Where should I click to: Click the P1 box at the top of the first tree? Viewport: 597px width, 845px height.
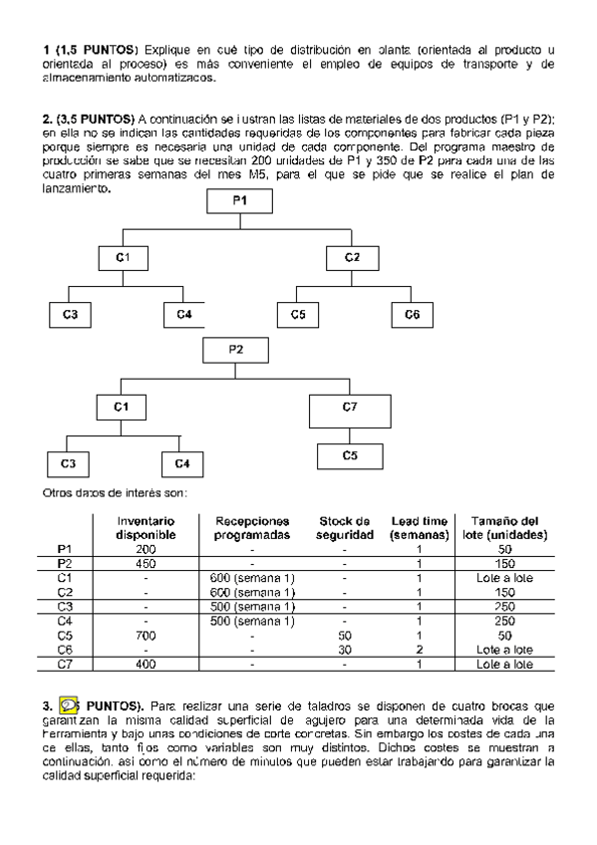pyautogui.click(x=239, y=201)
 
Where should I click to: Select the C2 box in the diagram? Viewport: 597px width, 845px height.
pyautogui.click(x=353, y=257)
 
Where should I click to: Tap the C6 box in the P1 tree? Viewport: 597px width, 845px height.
pyautogui.click(x=412, y=314)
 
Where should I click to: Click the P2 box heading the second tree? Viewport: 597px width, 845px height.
pyautogui.click(x=236, y=350)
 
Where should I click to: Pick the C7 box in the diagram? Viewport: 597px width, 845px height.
pyautogui.click(x=349, y=408)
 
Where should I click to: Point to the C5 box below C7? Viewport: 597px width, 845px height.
pyautogui.click(x=349, y=455)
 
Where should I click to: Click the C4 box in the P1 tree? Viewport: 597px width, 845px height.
pyautogui.click(x=184, y=314)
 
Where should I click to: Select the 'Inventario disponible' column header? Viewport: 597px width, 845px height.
pyautogui.click(x=147, y=528)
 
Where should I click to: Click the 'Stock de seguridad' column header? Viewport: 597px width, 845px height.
pyautogui.click(x=345, y=528)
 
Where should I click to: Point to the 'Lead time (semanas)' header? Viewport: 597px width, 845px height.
pyautogui.click(x=420, y=528)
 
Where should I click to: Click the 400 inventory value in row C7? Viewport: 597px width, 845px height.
pyautogui.click(x=147, y=663)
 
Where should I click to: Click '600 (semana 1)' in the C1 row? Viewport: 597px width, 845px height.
pyautogui.click(x=251, y=577)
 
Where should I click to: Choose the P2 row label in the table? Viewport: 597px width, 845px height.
pyautogui.click(x=66, y=563)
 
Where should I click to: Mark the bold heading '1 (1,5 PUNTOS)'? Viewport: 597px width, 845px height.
pyautogui.click(x=93, y=49)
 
